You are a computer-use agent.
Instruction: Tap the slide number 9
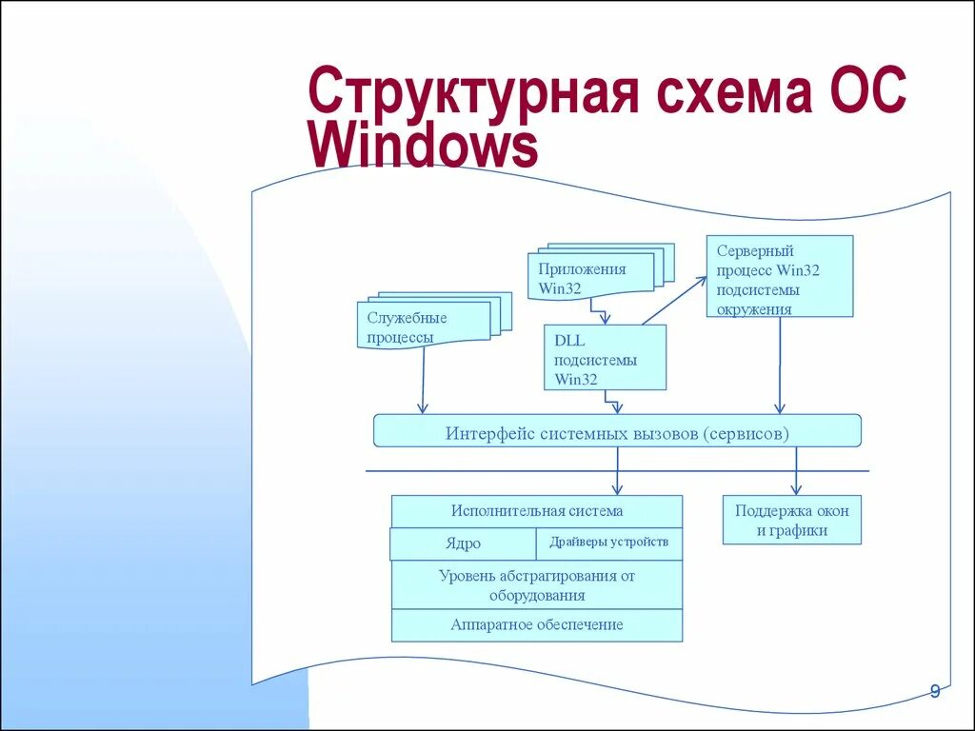(934, 692)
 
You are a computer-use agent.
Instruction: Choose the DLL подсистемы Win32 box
(605, 357)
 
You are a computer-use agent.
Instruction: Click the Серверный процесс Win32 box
(780, 276)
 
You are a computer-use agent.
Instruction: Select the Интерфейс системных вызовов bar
(617, 431)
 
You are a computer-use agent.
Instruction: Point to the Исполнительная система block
(537, 511)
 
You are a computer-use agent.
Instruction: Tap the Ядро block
(463, 544)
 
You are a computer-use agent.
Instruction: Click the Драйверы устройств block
(609, 543)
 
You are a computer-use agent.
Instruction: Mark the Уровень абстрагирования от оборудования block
(537, 585)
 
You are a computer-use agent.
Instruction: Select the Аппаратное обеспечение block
(537, 625)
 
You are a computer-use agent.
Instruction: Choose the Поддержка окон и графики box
(791, 521)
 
